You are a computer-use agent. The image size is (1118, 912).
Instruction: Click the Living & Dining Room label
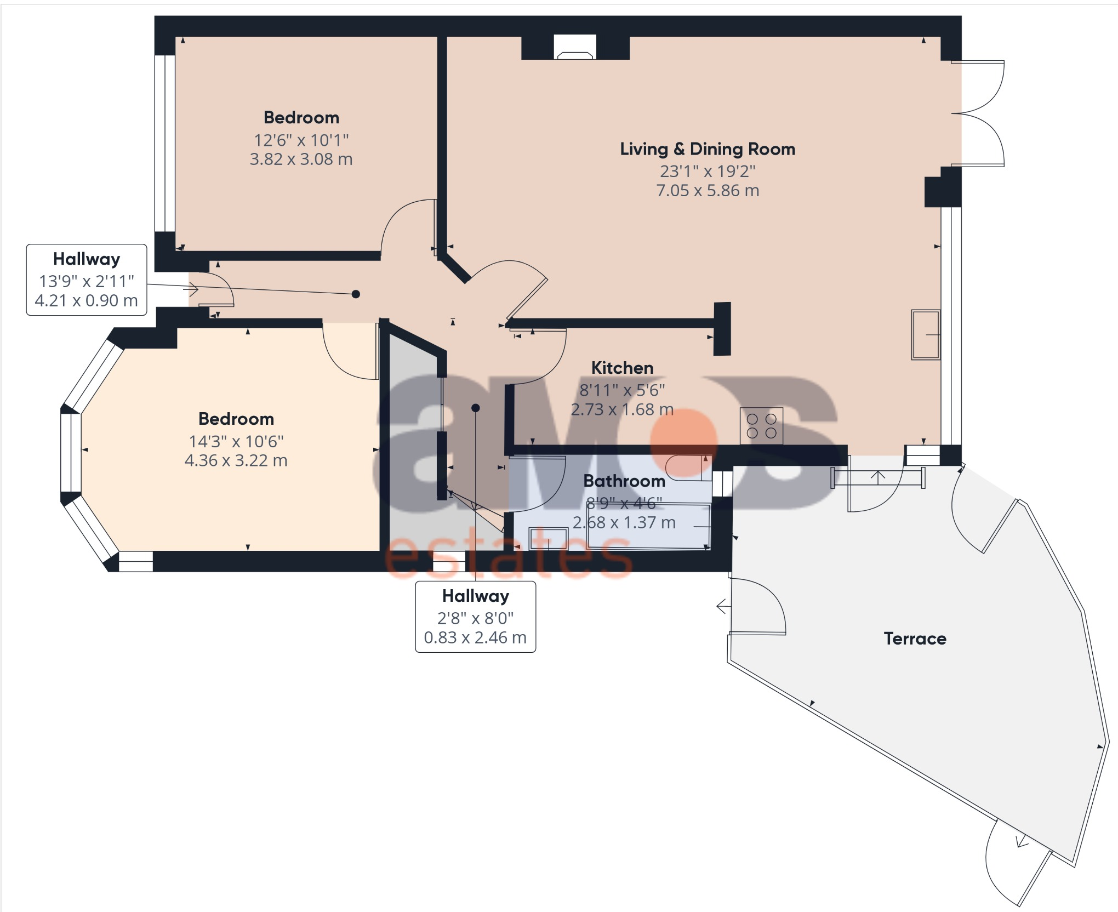(707, 149)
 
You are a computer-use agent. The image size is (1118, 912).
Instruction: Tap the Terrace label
(915, 639)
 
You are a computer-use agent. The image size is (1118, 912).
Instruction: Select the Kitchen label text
(622, 368)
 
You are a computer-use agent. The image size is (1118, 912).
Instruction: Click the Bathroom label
(624, 481)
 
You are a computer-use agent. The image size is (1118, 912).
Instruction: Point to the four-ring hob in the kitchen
(761, 426)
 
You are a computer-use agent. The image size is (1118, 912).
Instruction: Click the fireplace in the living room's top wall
(574, 48)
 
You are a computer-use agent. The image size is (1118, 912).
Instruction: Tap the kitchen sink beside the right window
(926, 335)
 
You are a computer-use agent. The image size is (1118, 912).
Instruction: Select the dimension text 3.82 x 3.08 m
(301, 159)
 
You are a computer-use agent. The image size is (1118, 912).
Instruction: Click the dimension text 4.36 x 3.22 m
(236, 460)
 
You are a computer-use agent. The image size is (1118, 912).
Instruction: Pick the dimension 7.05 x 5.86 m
(708, 191)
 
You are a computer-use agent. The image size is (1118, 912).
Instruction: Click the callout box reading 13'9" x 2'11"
(87, 280)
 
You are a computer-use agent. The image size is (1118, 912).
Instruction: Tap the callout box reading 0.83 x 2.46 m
(475, 617)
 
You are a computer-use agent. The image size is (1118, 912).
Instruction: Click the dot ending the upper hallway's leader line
(356, 294)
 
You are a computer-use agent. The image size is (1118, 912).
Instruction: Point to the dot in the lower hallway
(476, 408)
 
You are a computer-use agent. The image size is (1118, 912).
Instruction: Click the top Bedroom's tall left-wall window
(165, 142)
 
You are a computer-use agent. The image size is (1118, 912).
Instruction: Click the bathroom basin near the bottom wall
(548, 539)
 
